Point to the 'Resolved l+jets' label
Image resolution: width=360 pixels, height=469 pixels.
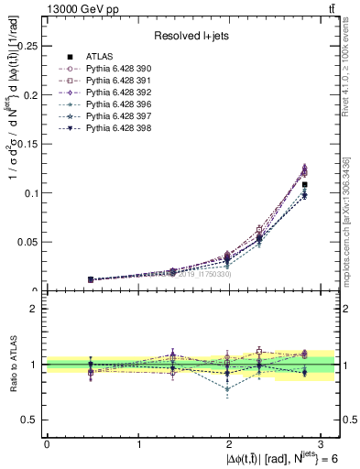coord(190,36)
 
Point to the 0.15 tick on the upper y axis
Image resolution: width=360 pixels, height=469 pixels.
coord(27,144)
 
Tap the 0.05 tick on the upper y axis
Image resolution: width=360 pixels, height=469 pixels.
coord(27,242)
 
